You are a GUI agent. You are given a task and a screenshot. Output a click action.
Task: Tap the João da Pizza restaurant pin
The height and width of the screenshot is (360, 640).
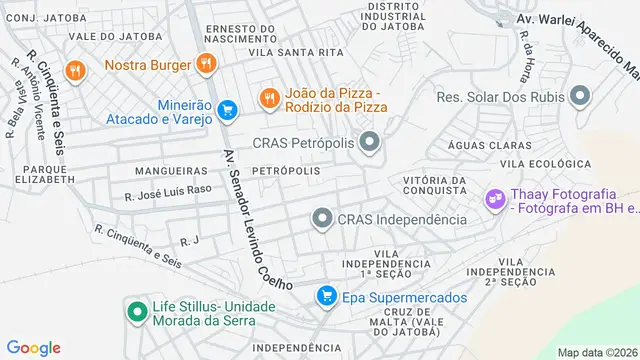268,98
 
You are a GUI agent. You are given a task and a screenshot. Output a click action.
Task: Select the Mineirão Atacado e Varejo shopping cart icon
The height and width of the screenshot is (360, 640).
227,109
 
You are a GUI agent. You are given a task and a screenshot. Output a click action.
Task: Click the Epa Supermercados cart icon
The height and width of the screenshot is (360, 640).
325,296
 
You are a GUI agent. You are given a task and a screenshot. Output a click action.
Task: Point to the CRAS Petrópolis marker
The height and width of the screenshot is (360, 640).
371,143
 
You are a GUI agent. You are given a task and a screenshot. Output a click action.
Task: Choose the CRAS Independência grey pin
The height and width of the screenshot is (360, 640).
322,218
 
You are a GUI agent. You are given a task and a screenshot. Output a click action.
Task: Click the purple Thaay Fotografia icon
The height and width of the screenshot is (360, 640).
495,199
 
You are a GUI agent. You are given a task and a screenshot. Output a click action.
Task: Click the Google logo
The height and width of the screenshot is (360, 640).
35,347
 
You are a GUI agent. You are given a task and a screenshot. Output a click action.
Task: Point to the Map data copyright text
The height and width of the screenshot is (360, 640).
596,352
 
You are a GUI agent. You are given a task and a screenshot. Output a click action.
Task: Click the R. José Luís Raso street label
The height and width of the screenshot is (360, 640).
169,189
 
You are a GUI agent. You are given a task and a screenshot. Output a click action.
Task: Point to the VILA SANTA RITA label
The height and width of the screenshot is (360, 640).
290,51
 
